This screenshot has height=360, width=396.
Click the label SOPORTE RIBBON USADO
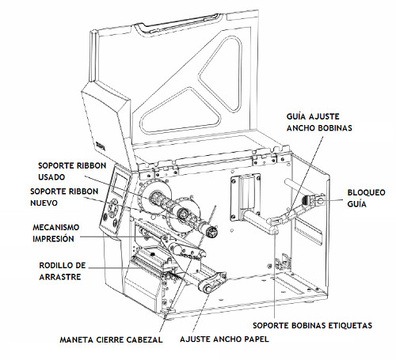pyautogui.click(x=72, y=171)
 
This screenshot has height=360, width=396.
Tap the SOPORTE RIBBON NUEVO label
pyautogui.click(x=64, y=197)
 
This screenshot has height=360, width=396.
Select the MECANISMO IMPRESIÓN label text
pyautogui.click(x=55, y=233)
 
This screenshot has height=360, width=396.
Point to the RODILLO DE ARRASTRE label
pyautogui.click(x=63, y=271)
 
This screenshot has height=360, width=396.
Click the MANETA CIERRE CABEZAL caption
pyautogui.click(x=111, y=339)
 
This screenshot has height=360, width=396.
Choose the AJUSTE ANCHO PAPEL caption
pyautogui.click(x=224, y=339)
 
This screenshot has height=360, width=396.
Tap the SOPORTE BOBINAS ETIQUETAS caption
pyautogui.click(x=312, y=325)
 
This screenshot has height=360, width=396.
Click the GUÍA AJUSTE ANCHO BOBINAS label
pyautogui.click(x=319, y=122)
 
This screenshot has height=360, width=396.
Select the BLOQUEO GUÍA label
pyautogui.click(x=366, y=198)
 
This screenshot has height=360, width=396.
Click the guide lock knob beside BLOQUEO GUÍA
pyautogui.click(x=320, y=200)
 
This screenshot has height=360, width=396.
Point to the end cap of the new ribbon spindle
pyautogui.click(x=211, y=232)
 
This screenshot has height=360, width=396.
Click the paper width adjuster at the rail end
pyautogui.click(x=213, y=283)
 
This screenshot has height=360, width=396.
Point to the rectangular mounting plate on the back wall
pyautogui.click(x=245, y=197)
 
